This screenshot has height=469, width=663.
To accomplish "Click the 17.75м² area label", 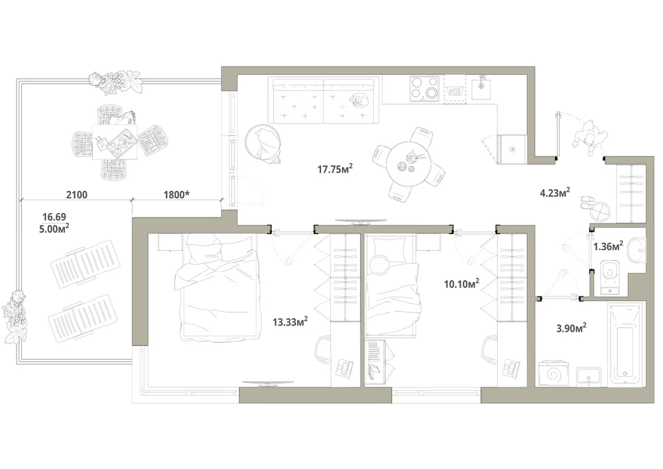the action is coord(335,169).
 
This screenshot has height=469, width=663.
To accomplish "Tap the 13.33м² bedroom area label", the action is coord(290,322).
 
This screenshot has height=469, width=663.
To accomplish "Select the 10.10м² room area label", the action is coord(461,283).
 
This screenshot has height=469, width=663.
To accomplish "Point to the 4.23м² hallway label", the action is coord(555,193).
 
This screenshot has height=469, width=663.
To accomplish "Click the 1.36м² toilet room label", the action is coord(608,246).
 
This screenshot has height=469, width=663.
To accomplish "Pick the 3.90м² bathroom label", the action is coord(572,328).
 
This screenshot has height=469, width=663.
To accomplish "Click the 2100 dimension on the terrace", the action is coord(77,195).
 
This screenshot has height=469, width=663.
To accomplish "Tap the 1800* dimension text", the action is coord(176,195).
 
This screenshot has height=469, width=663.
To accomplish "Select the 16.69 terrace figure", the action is coord(54,217).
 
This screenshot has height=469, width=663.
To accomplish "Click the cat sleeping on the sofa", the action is coord(359,100).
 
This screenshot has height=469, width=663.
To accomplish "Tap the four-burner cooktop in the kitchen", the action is coord(424,89).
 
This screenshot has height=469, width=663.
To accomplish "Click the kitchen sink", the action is coord(481,88).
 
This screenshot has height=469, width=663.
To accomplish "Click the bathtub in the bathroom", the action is coord(625,344).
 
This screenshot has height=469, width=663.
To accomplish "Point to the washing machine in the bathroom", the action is coord(555,373).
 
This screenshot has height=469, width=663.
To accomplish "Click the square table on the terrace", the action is coord(115,142).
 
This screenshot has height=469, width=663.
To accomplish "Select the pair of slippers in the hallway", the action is coord(586,202).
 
